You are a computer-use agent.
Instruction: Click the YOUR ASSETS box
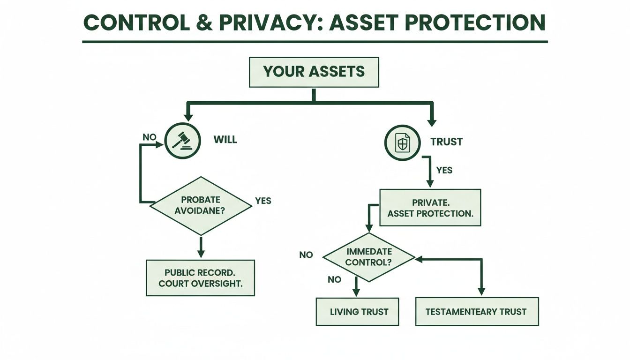314,72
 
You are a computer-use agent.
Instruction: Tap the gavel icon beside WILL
182,140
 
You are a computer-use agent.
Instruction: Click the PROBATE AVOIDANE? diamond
201,206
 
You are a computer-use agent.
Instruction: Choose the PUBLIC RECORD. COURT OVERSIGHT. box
200,277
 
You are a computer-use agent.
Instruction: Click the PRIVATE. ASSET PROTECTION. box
430,207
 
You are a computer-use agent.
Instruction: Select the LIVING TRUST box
358,311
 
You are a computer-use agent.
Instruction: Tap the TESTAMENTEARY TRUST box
477,311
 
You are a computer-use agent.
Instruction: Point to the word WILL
225,140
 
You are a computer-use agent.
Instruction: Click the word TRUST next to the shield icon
446,142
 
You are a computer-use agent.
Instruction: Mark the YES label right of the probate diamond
263,201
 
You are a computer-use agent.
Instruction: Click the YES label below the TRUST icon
444,170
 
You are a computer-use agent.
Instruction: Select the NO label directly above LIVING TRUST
334,279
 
